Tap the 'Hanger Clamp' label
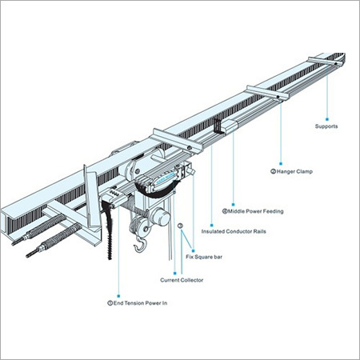click(x=287, y=170)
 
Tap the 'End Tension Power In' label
click(x=139, y=304)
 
